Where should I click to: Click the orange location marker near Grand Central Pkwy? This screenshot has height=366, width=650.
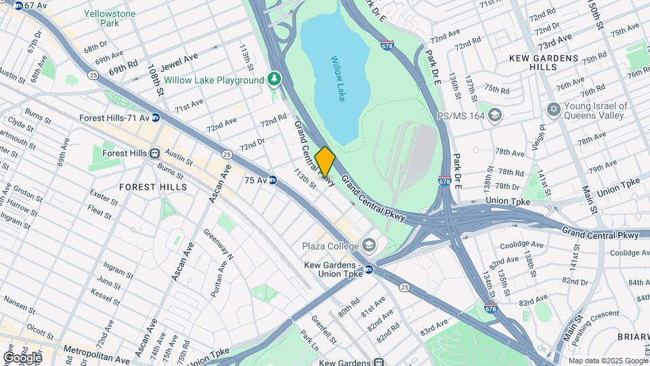pos(325,162)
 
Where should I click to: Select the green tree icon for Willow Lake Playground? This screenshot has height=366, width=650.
pos(274,80)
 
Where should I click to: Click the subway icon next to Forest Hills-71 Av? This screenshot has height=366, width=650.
pos(156,117)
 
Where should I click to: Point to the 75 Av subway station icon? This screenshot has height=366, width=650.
pos(273,180)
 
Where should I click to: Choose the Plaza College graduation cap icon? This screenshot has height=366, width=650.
pos(369,244)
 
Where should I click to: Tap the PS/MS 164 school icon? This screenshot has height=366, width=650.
pos(495,115)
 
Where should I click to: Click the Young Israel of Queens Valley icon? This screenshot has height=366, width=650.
pos(553,110)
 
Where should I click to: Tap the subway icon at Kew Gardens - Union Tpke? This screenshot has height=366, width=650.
pos(369,269)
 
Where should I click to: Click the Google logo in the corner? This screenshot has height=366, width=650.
pos(22,357)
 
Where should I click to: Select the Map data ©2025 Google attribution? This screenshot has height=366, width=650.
pos(608,361)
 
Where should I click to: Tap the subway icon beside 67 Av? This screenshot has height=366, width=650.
pos(18,5)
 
